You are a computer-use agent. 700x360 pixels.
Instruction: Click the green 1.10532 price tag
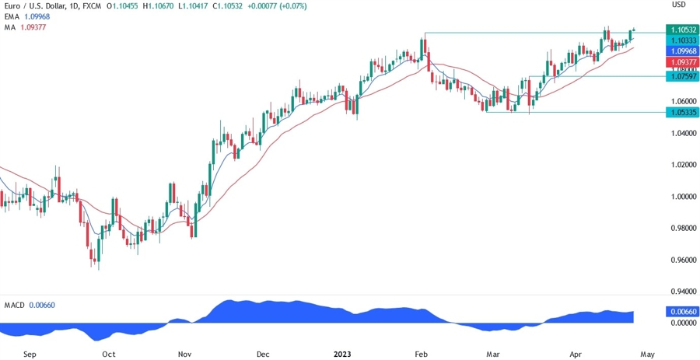681,30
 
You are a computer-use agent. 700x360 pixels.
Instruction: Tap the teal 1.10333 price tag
681,40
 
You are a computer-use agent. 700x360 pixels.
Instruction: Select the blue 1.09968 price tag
681,51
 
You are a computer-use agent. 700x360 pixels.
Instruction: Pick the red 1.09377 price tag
681,61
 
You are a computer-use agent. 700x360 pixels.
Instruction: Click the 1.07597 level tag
681,76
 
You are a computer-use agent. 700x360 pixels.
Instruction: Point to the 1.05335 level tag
681,112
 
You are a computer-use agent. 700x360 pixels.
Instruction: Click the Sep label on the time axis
30,354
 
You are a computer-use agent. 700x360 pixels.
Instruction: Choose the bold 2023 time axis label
342,354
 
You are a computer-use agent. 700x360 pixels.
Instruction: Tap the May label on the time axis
646,354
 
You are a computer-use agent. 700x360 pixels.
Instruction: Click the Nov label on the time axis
184,354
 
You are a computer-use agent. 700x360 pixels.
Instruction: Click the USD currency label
679,5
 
